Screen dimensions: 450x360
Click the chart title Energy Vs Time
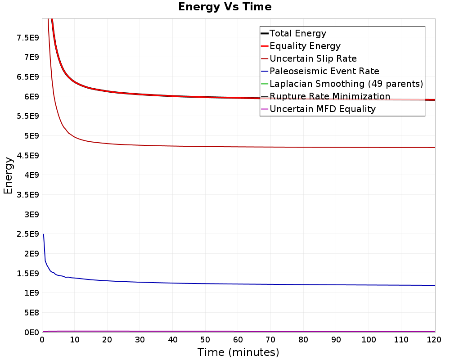click(x=225, y=7)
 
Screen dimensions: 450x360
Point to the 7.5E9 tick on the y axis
click(x=28, y=38)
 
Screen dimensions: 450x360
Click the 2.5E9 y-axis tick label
click(x=28, y=234)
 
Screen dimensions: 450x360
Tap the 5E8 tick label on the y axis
click(x=31, y=313)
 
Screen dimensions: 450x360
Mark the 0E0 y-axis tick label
click(x=31, y=333)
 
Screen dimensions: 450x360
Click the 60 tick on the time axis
click(x=238, y=340)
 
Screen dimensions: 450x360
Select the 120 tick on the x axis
click(x=434, y=340)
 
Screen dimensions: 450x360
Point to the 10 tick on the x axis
click(x=74, y=340)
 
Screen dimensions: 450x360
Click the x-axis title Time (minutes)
click(x=238, y=352)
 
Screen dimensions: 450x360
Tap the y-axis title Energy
click(x=8, y=175)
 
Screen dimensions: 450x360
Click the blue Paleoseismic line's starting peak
click(x=43, y=234)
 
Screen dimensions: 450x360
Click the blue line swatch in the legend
click(x=265, y=71)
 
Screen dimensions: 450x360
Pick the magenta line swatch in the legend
click(x=265, y=109)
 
